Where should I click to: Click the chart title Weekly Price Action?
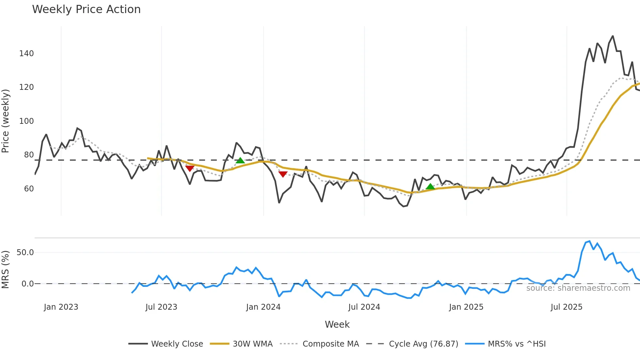click(x=86, y=9)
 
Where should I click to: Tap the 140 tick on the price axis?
click(x=26, y=54)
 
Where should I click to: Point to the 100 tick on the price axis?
click(x=26, y=121)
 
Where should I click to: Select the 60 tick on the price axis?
click(x=29, y=189)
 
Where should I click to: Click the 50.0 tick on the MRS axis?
click(x=25, y=253)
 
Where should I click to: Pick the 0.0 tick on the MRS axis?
click(x=27, y=284)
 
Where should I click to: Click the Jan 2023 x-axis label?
click(x=61, y=307)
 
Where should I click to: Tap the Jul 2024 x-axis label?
click(x=364, y=307)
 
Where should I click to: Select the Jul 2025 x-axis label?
click(x=566, y=307)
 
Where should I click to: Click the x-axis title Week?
click(x=337, y=324)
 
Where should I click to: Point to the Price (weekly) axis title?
click(x=6, y=121)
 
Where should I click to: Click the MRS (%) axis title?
click(x=6, y=270)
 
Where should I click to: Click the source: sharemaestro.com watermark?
click(x=578, y=288)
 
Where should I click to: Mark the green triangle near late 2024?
click(x=430, y=187)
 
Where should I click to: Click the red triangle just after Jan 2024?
click(x=283, y=174)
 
